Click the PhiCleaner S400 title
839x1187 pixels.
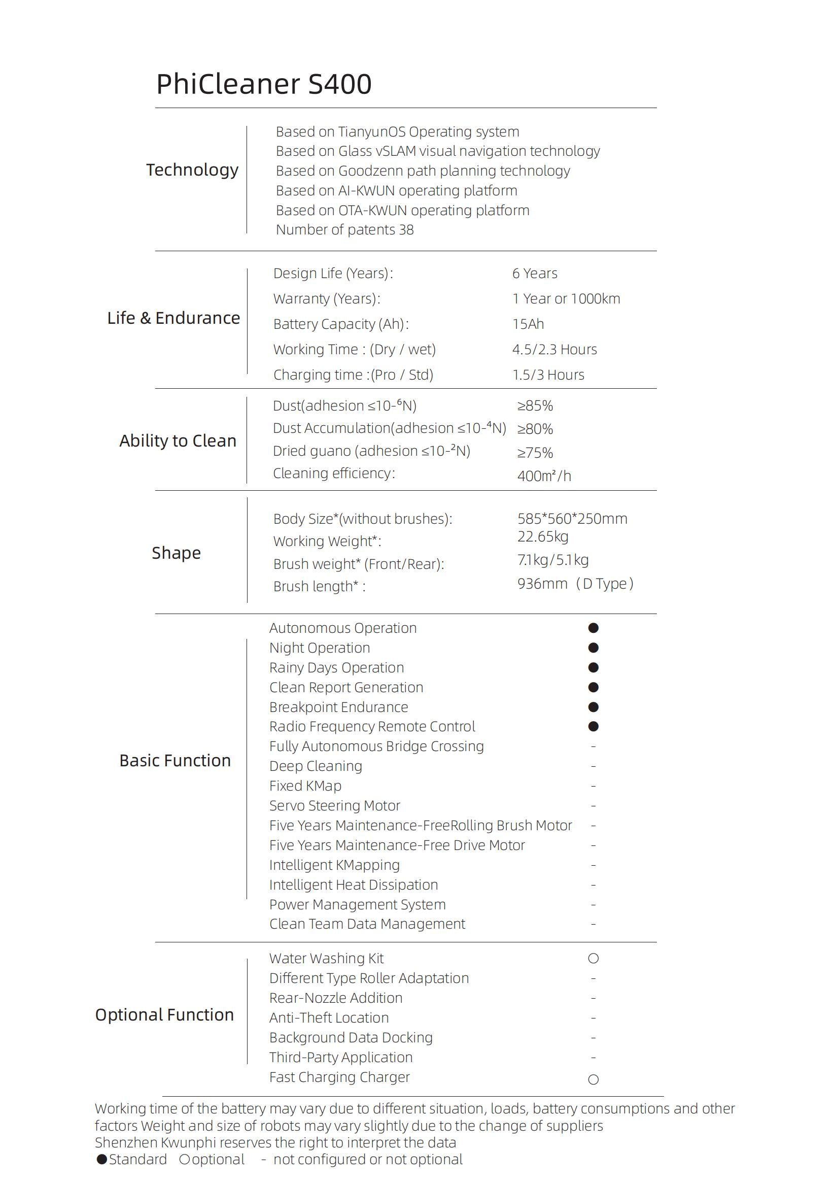[x=263, y=84]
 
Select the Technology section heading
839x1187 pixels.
[x=192, y=169]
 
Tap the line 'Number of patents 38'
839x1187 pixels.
[x=344, y=229]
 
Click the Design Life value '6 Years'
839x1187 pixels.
[x=535, y=273]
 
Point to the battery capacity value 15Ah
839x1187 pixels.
[x=528, y=324]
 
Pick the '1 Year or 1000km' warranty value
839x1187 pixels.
[x=566, y=298]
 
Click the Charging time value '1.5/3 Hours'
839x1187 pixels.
[x=548, y=375]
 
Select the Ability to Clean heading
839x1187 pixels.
[x=178, y=440]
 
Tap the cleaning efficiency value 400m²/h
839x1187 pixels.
[x=544, y=476]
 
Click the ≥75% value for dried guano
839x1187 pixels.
[x=535, y=452]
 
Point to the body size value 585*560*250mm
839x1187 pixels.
[x=572, y=519]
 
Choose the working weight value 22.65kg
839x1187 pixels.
[x=543, y=536]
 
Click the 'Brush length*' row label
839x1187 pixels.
[x=319, y=586]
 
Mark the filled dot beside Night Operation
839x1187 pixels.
[x=593, y=648]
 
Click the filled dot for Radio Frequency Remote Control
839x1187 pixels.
[x=593, y=726]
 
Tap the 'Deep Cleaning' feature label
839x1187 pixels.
[x=316, y=766]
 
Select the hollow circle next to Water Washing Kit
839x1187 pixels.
[x=593, y=959]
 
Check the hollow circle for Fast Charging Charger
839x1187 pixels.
[x=593, y=1079]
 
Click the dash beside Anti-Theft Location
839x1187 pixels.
[x=593, y=1018]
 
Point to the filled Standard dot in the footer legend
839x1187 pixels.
[x=102, y=1160]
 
